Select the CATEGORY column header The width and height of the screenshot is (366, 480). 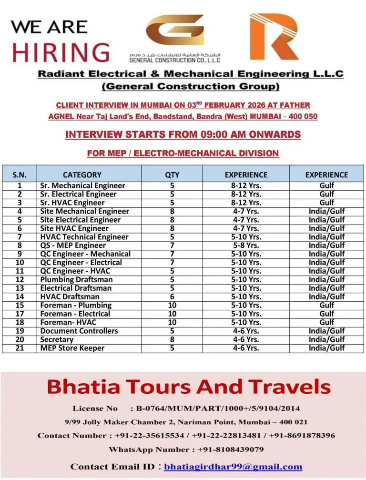[x=82, y=174]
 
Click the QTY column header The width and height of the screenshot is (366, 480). [x=172, y=174]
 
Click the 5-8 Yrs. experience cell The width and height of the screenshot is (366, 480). [x=246, y=245]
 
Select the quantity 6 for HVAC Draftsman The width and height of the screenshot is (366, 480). [x=172, y=296]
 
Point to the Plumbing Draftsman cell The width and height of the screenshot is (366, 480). [x=76, y=279]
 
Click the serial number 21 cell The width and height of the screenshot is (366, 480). [x=20, y=348]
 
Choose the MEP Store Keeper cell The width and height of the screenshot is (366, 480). [x=72, y=348]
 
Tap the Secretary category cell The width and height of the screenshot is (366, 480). [x=57, y=339]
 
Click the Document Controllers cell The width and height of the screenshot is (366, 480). [x=79, y=331]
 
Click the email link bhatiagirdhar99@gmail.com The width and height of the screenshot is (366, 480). [x=233, y=467]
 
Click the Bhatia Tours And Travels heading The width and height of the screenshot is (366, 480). [x=188, y=387]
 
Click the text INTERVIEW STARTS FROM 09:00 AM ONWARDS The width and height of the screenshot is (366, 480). [x=183, y=135]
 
